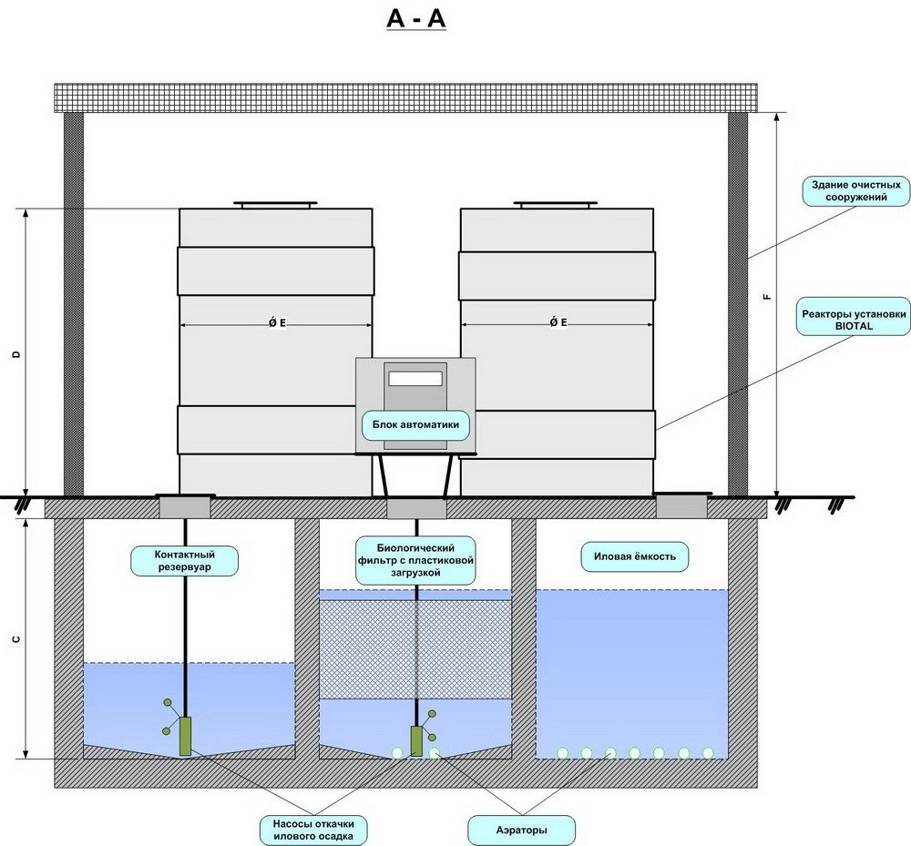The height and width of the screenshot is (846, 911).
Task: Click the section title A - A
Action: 416,19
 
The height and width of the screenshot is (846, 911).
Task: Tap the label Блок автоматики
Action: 415,424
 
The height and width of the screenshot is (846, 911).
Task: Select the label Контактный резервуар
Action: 185,560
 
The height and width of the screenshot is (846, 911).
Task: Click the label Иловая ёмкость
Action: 635,556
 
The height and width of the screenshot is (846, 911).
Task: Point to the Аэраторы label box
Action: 520,830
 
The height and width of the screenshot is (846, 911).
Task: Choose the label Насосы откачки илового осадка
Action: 312,830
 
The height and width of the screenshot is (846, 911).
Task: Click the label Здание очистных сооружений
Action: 855,190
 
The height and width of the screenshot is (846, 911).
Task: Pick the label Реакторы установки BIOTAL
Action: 854,314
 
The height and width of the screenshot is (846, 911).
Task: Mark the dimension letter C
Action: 15,639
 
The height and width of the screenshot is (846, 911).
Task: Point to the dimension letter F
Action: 767,296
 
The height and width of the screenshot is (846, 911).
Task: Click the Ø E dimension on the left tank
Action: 276,323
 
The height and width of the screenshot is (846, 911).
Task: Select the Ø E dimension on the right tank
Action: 558,323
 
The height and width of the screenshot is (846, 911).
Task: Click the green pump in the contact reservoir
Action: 186,737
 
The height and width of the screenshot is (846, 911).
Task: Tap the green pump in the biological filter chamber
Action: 416,740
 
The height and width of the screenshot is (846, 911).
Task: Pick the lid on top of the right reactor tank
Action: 557,205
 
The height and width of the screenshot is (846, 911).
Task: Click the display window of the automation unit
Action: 415,377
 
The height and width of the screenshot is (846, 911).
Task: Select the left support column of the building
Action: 73,304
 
